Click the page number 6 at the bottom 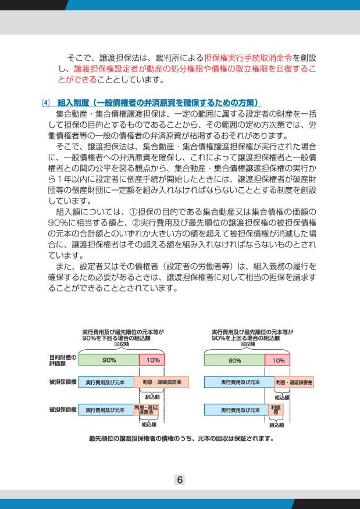tap(180, 480)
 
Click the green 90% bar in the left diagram tap(109, 360)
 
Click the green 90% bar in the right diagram tap(234, 360)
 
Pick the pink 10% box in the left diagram tap(152, 360)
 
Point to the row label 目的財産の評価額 tap(62, 360)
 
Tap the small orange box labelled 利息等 tap(276, 410)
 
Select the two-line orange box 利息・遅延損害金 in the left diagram tap(146, 410)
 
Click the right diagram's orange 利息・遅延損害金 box tap(294, 382)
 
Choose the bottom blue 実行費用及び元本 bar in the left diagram tap(105, 410)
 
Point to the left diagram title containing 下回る tap(122, 334)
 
